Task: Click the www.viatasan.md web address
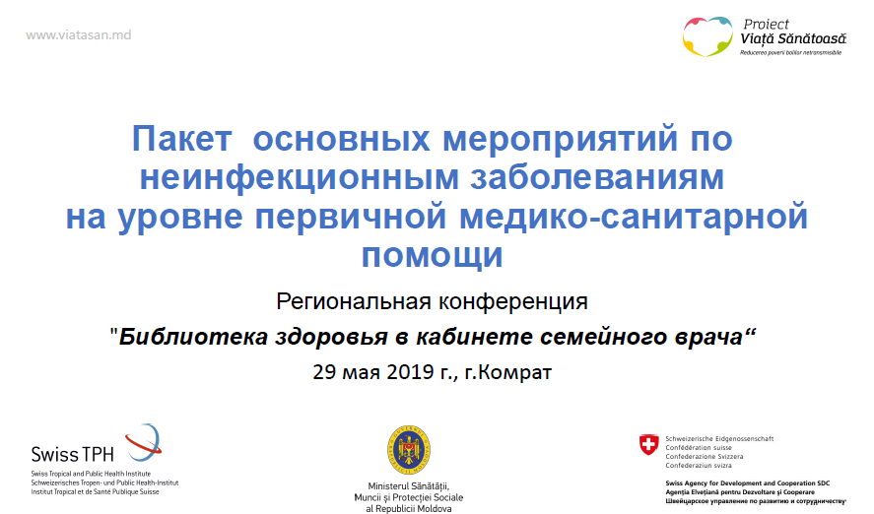(x=79, y=35)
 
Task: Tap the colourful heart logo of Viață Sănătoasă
(x=707, y=36)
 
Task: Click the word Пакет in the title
(x=181, y=139)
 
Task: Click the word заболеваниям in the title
(x=597, y=177)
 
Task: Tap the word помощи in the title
(x=432, y=256)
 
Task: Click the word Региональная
(x=354, y=302)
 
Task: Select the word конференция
(x=512, y=302)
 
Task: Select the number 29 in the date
(x=324, y=372)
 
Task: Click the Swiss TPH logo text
(x=73, y=454)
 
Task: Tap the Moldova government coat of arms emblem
(x=409, y=450)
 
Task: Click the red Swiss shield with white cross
(x=648, y=445)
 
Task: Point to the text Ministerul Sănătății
(x=409, y=486)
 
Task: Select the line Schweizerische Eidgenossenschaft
(x=719, y=439)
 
